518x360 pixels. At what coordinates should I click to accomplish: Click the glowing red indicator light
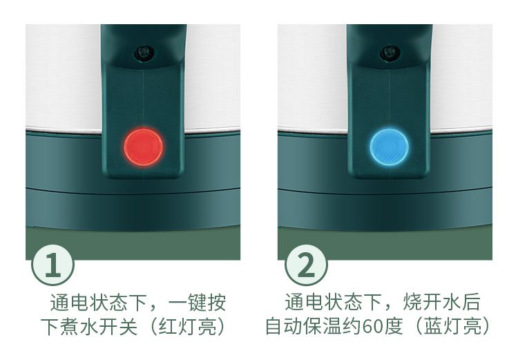(144, 147)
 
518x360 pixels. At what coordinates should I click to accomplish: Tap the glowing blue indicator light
(389, 146)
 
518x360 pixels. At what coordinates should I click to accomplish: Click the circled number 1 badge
(53, 265)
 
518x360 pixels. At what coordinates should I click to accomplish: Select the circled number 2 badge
(305, 265)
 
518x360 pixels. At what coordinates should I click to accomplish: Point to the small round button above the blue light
(390, 53)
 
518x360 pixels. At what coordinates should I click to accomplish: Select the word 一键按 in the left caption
(198, 302)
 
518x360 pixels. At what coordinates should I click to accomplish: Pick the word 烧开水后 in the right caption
(441, 302)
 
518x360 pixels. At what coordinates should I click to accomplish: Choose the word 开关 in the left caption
(118, 326)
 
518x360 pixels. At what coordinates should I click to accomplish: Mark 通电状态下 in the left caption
(99, 302)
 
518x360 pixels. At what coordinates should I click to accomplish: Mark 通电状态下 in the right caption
(334, 302)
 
